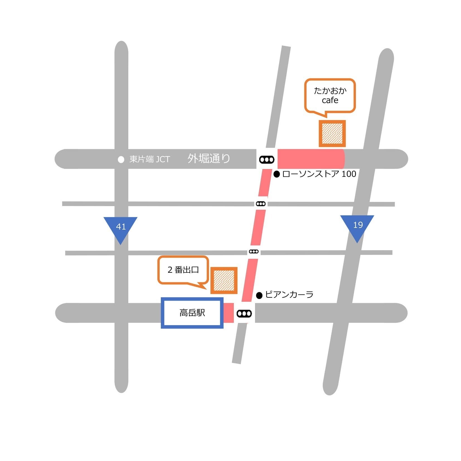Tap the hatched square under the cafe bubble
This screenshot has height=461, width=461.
click(332, 134)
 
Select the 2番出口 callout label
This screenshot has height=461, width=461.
click(183, 272)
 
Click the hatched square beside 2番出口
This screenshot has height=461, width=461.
click(224, 280)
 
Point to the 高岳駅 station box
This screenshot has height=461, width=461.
click(192, 313)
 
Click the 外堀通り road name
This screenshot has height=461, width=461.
click(209, 158)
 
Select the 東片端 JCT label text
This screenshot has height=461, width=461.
click(150, 159)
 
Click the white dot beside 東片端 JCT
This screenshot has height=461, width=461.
click(121, 160)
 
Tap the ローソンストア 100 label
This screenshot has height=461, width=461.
click(319, 174)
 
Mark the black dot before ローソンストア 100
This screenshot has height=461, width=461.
click(276, 174)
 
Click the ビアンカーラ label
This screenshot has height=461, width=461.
click(289, 295)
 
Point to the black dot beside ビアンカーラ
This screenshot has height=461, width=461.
click(259, 295)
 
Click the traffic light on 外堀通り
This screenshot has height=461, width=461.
click(267, 160)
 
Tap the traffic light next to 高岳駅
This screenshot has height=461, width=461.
click(244, 314)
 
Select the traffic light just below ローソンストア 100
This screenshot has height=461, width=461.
click(261, 204)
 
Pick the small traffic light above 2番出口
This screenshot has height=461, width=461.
click(254, 252)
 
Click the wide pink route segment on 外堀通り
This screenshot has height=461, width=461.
click(311, 159)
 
